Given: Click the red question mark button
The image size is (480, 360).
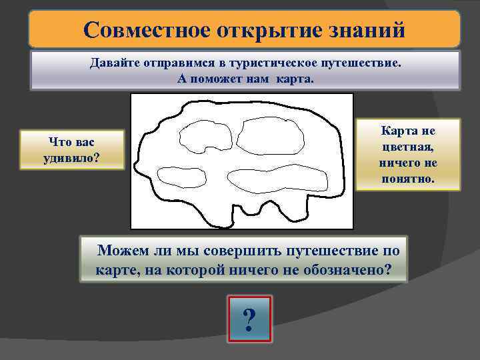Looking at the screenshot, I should (x=249, y=320).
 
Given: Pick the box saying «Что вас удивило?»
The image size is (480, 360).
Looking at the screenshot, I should (x=73, y=149).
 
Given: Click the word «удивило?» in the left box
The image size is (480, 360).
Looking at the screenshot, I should (x=73, y=157).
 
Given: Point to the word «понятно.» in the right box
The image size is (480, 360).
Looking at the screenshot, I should (x=408, y=179).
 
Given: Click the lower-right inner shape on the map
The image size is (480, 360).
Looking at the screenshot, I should (x=278, y=177).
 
